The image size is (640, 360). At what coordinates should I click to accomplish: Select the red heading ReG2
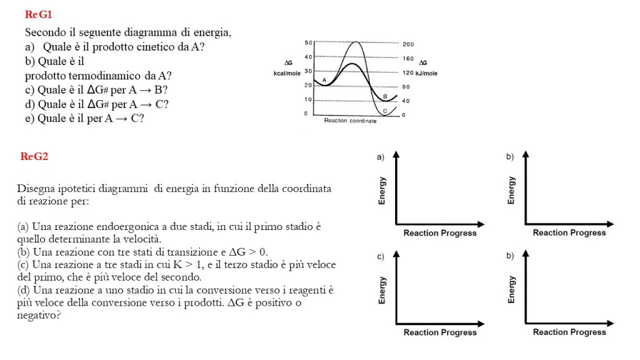point(34,156)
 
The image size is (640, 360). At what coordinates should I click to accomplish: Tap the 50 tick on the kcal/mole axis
point(307,42)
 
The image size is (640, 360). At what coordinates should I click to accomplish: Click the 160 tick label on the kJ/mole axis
point(407,58)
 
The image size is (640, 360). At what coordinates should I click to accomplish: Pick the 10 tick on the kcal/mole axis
point(307,99)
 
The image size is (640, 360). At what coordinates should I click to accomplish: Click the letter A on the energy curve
point(324,80)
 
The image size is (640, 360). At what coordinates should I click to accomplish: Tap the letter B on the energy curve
point(385,96)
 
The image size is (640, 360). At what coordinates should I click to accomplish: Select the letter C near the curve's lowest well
point(385,110)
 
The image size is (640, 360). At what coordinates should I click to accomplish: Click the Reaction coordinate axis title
point(350,121)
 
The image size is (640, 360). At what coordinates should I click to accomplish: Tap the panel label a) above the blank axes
point(380,157)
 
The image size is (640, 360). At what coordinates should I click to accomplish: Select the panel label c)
point(380,257)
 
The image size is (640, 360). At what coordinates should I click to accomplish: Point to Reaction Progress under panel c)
point(440,332)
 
